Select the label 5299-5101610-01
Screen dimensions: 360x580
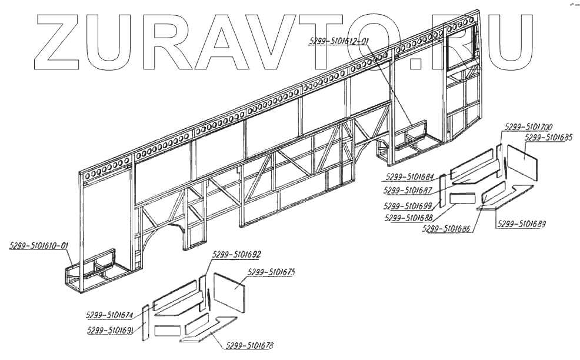point(39,245)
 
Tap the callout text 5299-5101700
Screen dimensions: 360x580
point(527,127)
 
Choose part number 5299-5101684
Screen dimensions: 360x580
point(410,176)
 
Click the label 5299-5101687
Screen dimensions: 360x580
point(408,190)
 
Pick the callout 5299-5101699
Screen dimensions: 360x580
point(408,205)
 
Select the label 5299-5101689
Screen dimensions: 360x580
point(521,224)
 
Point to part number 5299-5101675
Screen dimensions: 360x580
point(271,272)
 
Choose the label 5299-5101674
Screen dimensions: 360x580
point(109,315)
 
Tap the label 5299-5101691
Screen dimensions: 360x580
point(110,329)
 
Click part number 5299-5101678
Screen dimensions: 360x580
point(249,346)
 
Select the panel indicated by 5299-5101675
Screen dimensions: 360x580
point(229,292)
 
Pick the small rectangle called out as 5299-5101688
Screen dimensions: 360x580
point(463,198)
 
